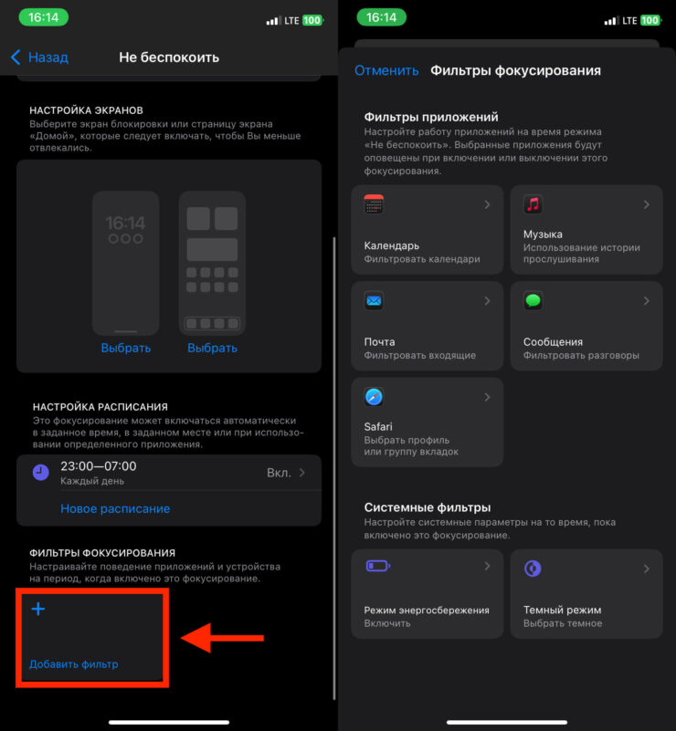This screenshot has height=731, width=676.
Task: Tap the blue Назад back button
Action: point(39,57)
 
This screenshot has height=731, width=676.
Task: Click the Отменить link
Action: point(386,70)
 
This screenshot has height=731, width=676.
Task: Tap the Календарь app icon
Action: point(374,204)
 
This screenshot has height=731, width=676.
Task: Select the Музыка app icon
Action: point(533,204)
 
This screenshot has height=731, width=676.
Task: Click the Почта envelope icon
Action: point(374,300)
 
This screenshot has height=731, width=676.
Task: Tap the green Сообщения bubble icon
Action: point(533,300)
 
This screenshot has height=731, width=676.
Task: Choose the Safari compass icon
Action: point(374,397)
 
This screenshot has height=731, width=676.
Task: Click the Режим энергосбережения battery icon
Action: point(378,566)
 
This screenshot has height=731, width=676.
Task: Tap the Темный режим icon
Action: point(533,569)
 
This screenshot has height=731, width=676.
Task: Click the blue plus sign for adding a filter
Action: point(38,609)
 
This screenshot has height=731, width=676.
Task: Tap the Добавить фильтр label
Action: point(74,663)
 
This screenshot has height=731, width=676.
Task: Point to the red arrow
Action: point(223,638)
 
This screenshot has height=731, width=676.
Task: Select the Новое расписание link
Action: point(115,508)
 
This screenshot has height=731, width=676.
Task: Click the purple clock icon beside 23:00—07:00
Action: point(41,472)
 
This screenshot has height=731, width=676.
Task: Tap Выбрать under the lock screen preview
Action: point(126,349)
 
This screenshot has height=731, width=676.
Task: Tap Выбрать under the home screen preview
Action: point(212,349)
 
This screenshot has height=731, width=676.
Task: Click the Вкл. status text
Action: point(279,473)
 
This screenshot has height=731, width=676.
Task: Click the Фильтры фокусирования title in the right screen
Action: point(515,70)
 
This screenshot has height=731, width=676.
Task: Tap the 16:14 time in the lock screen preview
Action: point(125,223)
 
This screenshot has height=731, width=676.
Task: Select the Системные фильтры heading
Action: point(428,507)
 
